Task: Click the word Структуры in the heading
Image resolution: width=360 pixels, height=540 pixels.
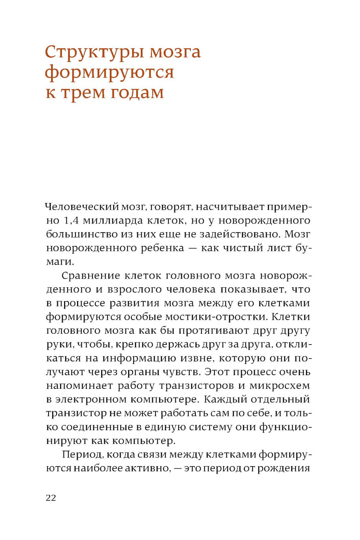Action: [x=94, y=53]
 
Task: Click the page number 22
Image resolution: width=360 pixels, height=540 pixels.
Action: [x=51, y=498]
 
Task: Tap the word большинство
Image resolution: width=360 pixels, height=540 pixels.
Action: [x=79, y=234]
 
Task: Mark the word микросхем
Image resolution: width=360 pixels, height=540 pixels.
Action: [x=279, y=386]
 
